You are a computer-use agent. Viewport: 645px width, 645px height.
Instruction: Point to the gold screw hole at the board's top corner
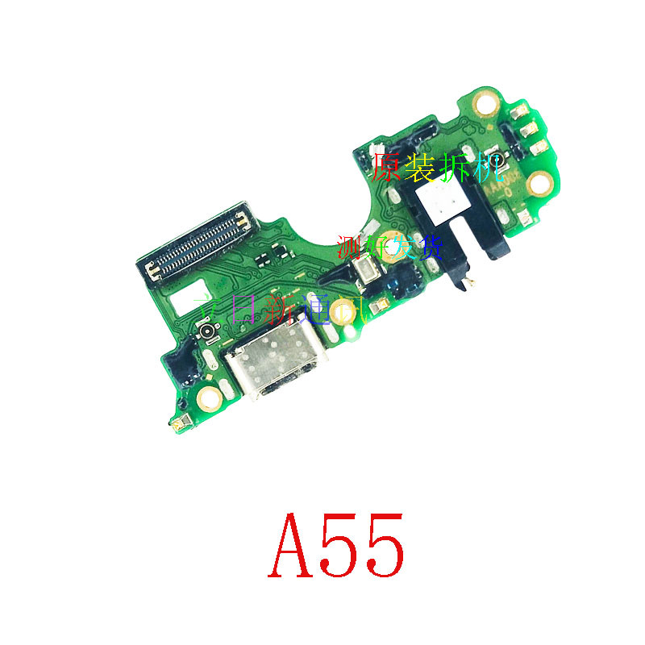(x=485, y=104)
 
